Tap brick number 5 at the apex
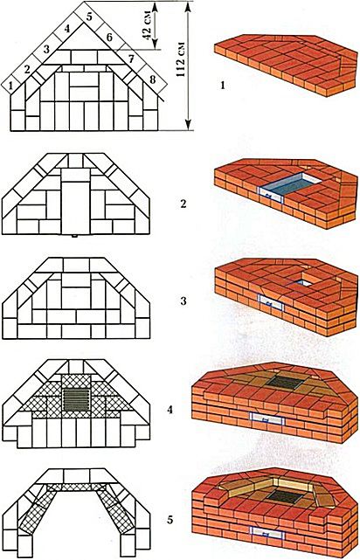tap(89, 16)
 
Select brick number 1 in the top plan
tap(11, 86)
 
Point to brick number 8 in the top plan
tap(153, 80)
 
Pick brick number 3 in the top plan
tap(46, 50)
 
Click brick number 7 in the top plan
tap(131, 59)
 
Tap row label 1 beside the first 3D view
tap(223, 86)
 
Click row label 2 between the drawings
tap(183, 205)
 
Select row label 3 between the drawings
tap(183, 301)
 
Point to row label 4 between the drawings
tap(170, 409)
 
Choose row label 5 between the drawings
tap(170, 520)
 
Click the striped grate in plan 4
tap(76, 399)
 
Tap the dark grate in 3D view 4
tap(285, 383)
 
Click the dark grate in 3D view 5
tap(285, 496)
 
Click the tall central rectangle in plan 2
tap(75, 208)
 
